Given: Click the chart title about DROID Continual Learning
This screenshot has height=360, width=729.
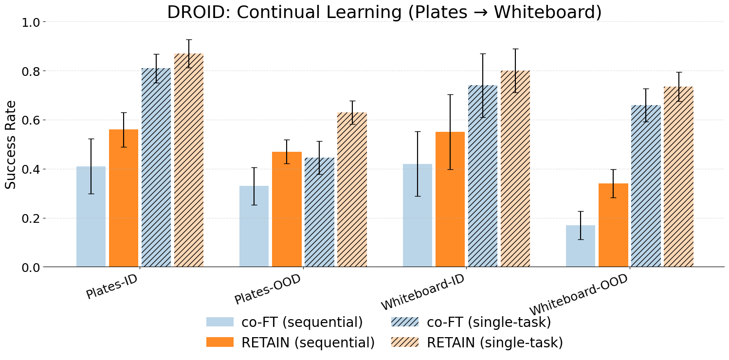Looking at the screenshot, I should [384, 12].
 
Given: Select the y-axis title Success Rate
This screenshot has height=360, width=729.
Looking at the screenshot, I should [11, 144].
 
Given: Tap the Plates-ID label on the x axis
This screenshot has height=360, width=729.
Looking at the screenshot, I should [110, 288].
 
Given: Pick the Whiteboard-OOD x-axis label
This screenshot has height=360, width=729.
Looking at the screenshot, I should [579, 296].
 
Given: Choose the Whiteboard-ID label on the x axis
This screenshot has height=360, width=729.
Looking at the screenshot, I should [422, 293].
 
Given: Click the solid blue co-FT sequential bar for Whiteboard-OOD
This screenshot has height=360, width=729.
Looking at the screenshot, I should [581, 246].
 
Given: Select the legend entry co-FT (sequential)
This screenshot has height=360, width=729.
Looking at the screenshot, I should [285, 322].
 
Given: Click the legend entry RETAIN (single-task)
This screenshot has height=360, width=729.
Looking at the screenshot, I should [477, 342].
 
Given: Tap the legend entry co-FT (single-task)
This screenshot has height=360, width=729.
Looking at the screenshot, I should [471, 322].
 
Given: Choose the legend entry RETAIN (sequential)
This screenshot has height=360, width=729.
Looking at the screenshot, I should [291, 342].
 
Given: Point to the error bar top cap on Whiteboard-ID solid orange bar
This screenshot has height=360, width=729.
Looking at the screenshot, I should [450, 94].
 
